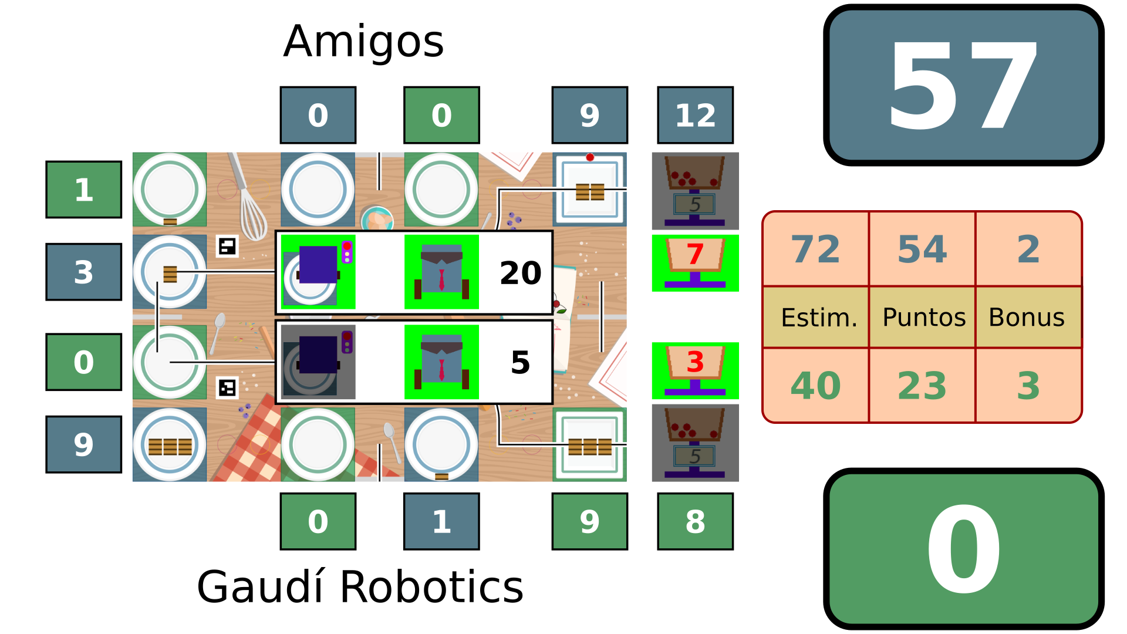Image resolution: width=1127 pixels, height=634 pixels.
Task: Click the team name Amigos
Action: point(363,42)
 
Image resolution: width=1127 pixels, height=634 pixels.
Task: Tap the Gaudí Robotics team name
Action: point(360,586)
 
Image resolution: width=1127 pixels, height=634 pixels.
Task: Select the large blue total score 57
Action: point(963,86)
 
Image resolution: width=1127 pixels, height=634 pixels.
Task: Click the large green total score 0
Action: point(963,549)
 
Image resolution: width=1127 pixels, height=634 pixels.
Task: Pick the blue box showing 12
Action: point(695,115)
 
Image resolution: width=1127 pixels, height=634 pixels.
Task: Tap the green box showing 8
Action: point(695,521)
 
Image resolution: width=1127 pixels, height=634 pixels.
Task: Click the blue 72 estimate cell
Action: point(815,249)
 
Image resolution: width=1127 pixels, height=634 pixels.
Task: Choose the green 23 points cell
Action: point(922,386)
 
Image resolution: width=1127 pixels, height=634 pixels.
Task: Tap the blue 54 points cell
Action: point(922,249)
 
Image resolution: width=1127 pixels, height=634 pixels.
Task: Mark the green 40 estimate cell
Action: point(815,386)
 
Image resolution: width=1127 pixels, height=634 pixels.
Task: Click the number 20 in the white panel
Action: point(520,273)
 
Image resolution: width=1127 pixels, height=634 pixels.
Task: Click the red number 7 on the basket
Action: point(695,255)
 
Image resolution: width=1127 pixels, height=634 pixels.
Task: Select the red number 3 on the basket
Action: point(695,362)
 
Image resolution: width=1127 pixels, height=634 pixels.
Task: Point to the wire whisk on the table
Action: point(249,203)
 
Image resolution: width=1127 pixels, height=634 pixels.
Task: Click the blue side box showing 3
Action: point(83,272)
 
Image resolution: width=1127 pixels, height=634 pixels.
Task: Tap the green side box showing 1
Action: point(83,190)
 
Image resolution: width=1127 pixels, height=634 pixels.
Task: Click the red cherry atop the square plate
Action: point(590,157)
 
